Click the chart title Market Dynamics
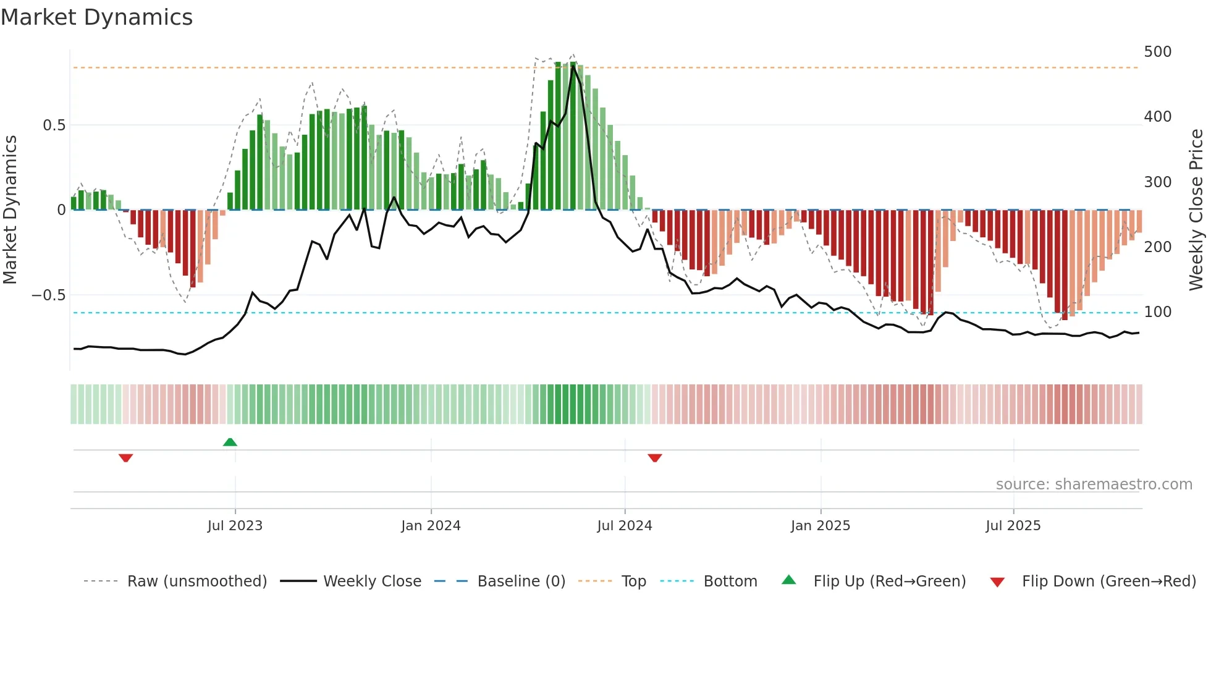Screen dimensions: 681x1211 96,17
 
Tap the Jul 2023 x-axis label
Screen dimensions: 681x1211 235,526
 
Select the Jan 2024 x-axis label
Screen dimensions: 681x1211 431,526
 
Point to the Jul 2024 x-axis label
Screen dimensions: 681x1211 625,526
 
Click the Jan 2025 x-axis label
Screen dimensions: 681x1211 821,526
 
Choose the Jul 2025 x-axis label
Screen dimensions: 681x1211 1013,526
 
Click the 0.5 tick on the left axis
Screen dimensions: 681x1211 54,125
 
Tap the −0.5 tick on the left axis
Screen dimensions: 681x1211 49,295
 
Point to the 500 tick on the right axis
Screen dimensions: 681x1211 1157,52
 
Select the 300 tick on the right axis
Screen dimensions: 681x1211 1157,182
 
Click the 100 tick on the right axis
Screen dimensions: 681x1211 1157,312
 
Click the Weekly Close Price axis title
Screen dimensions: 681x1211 1196,210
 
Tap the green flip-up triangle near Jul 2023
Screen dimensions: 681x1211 230,442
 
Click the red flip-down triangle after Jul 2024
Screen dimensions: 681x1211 655,458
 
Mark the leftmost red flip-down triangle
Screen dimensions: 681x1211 125,458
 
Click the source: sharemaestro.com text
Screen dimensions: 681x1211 1094,484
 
